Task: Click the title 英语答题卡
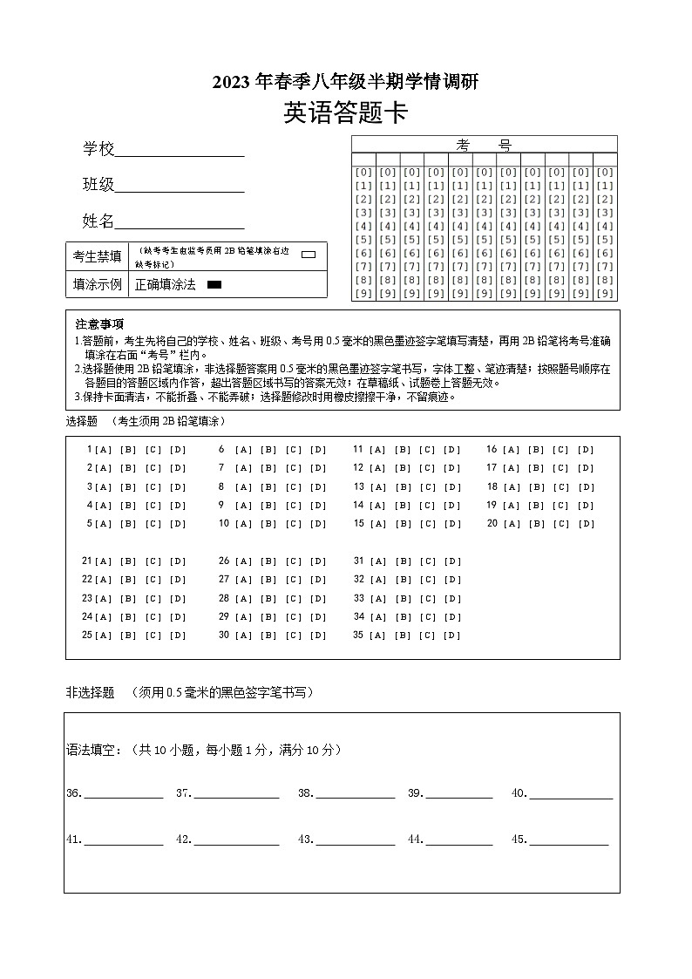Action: click(x=345, y=113)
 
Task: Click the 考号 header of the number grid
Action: click(x=484, y=145)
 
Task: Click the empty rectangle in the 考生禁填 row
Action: click(x=308, y=255)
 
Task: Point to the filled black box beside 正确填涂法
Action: click(x=214, y=284)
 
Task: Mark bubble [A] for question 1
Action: click(x=103, y=450)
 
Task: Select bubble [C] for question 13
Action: click(x=427, y=487)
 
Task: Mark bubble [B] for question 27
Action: click(x=268, y=580)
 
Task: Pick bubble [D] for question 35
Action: click(x=452, y=636)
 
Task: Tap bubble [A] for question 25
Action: click(x=103, y=636)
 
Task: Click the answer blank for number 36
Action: click(x=123, y=795)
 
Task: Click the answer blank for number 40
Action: click(x=571, y=795)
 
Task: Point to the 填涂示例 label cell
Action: click(x=97, y=284)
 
